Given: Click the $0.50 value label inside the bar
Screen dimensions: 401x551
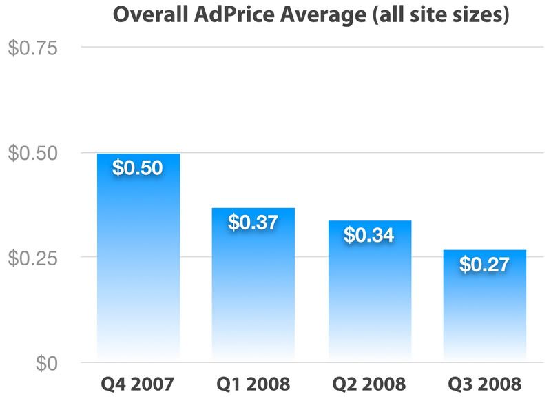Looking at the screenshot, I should click(x=138, y=168).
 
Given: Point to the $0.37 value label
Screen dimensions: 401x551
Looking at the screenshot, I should click(x=253, y=223).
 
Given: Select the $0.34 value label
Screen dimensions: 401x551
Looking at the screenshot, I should click(x=369, y=235).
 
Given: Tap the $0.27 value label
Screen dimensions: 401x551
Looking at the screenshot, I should click(x=485, y=264).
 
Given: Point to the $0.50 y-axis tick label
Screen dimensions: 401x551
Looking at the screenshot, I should click(x=33, y=153).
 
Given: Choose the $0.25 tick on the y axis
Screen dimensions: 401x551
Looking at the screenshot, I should click(x=33, y=258).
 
